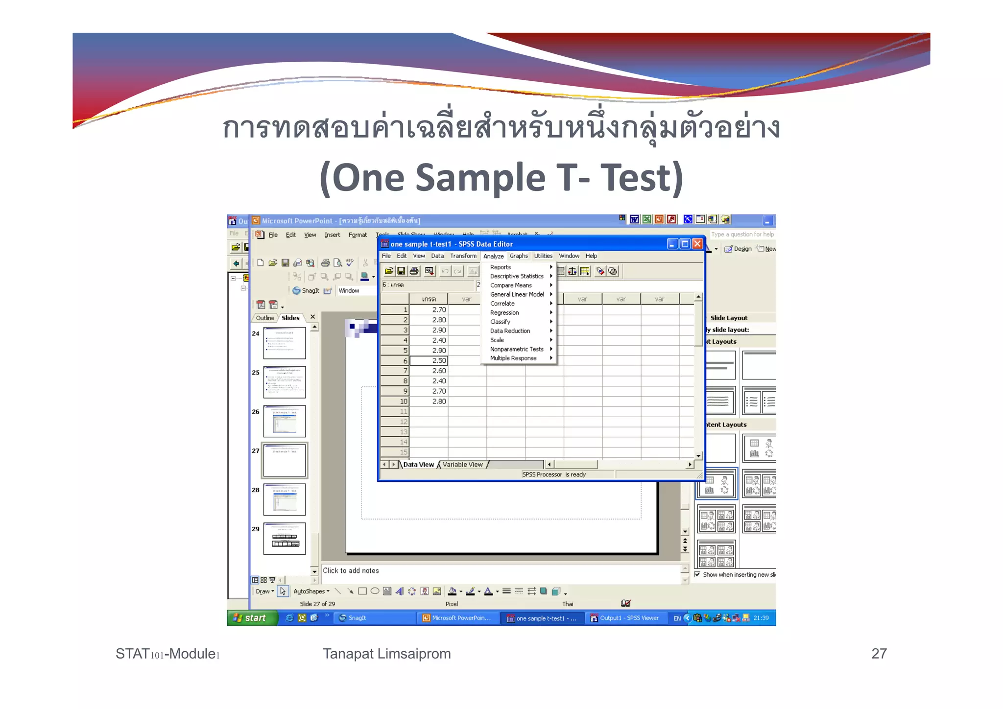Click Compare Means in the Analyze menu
tap(511, 285)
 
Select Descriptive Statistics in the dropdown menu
tap(517, 276)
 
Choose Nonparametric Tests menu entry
tap(517, 349)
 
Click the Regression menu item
tap(504, 313)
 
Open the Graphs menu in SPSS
tap(519, 256)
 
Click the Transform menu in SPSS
tap(463, 256)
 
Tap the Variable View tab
tap(462, 465)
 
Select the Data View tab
tap(418, 465)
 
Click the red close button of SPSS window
tap(697, 244)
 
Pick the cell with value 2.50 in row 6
tap(429, 361)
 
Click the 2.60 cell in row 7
tap(429, 371)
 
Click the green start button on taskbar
tap(250, 618)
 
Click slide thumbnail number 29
tap(285, 539)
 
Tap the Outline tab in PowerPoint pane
tap(265, 318)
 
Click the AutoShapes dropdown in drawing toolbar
tap(311, 591)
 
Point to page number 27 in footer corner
tap(879, 654)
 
